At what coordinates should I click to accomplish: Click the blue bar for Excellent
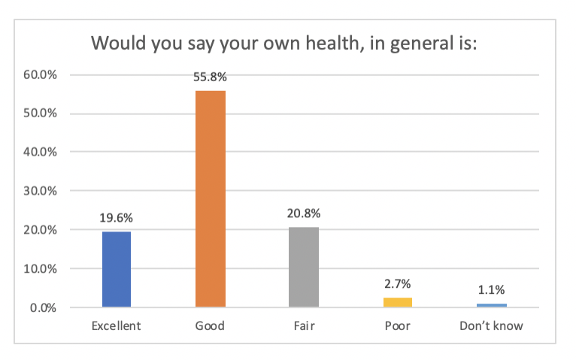117,269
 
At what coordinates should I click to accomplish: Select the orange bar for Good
210,198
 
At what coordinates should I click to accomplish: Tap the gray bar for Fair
303,267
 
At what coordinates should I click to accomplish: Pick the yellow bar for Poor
397,302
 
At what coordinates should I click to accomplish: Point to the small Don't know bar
490,305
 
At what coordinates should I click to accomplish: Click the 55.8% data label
210,77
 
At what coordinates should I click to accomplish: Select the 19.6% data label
117,218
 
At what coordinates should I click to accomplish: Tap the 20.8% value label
303,213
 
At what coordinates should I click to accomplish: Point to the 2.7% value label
397,284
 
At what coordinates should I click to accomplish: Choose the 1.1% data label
490,290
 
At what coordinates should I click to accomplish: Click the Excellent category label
117,327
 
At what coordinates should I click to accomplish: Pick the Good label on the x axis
210,327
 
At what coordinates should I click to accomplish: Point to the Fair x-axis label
303,327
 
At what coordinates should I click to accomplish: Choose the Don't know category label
490,327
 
